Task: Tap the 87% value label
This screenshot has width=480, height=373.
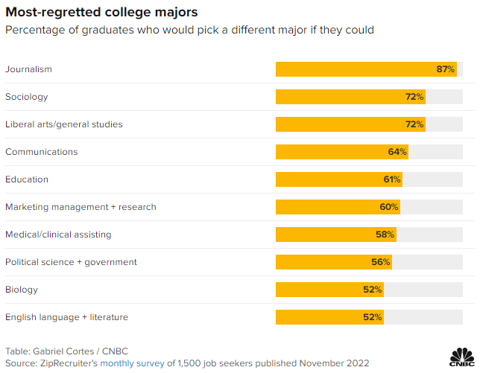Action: click(446, 69)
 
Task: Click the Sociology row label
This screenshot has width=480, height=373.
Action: click(27, 97)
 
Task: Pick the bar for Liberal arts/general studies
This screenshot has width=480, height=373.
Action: click(350, 124)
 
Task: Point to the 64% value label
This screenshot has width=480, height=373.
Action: click(397, 152)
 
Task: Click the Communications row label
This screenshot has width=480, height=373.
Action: click(42, 152)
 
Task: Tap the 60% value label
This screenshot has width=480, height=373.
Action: click(389, 207)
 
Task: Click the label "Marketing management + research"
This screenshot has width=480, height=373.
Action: click(80, 207)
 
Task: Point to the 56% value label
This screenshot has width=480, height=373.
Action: click(381, 262)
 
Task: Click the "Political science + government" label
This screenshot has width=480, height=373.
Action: click(71, 262)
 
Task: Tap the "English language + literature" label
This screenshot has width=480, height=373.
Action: click(66, 317)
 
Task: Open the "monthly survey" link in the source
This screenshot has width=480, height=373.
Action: click(132, 363)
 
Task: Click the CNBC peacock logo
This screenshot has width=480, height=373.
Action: click(461, 356)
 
